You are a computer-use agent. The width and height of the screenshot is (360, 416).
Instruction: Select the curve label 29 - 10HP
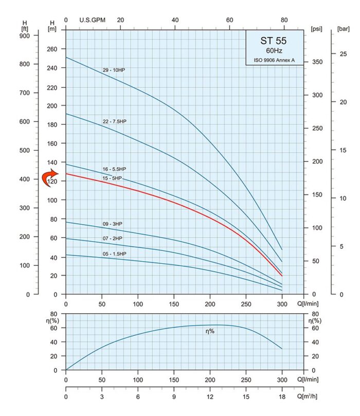coord(114,70)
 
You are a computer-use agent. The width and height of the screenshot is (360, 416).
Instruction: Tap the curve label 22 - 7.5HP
coord(114,121)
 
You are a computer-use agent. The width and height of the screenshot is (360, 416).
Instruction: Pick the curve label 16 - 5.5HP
coord(114,169)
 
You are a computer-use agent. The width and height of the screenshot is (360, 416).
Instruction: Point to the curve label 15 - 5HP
coord(112,178)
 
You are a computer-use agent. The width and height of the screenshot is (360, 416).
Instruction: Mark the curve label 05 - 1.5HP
coord(114,254)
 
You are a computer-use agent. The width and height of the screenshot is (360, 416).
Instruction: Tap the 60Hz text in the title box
coord(273,51)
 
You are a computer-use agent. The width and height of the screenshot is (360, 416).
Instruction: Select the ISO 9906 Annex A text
coord(273,61)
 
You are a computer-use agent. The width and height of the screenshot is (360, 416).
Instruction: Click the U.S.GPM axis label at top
coord(93,20)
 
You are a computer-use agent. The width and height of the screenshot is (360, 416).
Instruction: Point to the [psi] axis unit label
coord(316,29)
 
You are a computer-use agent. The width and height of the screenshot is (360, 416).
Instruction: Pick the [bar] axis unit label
coord(343,29)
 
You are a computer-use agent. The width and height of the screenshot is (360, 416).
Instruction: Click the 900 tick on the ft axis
coord(25,35)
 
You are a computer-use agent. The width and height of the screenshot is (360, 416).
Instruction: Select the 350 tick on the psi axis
coord(319,62)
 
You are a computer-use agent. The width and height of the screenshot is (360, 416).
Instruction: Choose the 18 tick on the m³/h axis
coord(282,397)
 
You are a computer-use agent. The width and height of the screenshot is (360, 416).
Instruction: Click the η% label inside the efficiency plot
coord(210,332)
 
